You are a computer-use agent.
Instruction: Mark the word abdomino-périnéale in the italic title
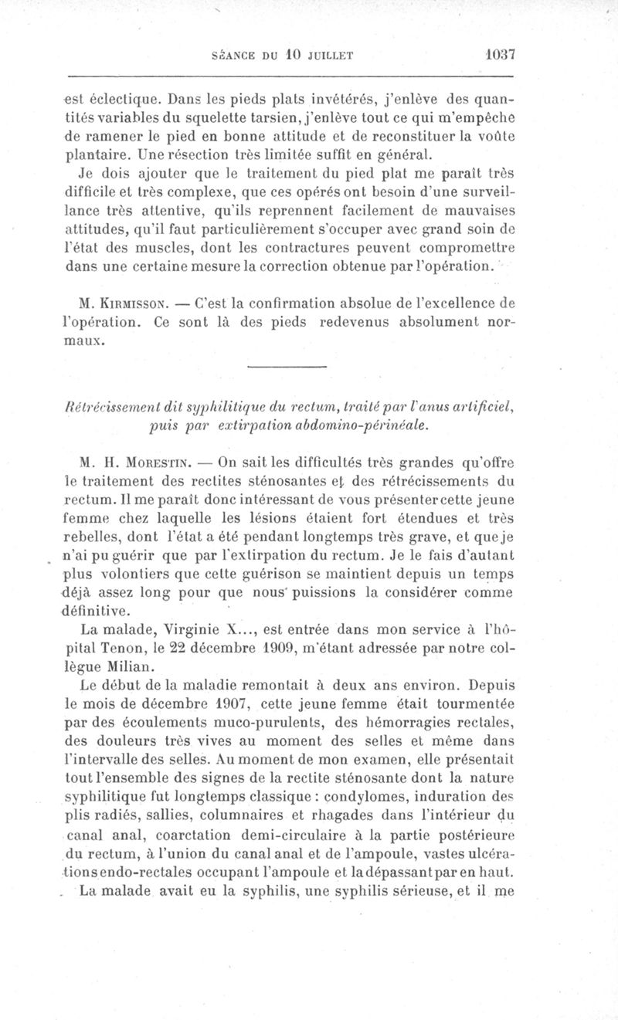(368, 425)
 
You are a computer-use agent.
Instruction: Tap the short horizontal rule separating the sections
(287, 366)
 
